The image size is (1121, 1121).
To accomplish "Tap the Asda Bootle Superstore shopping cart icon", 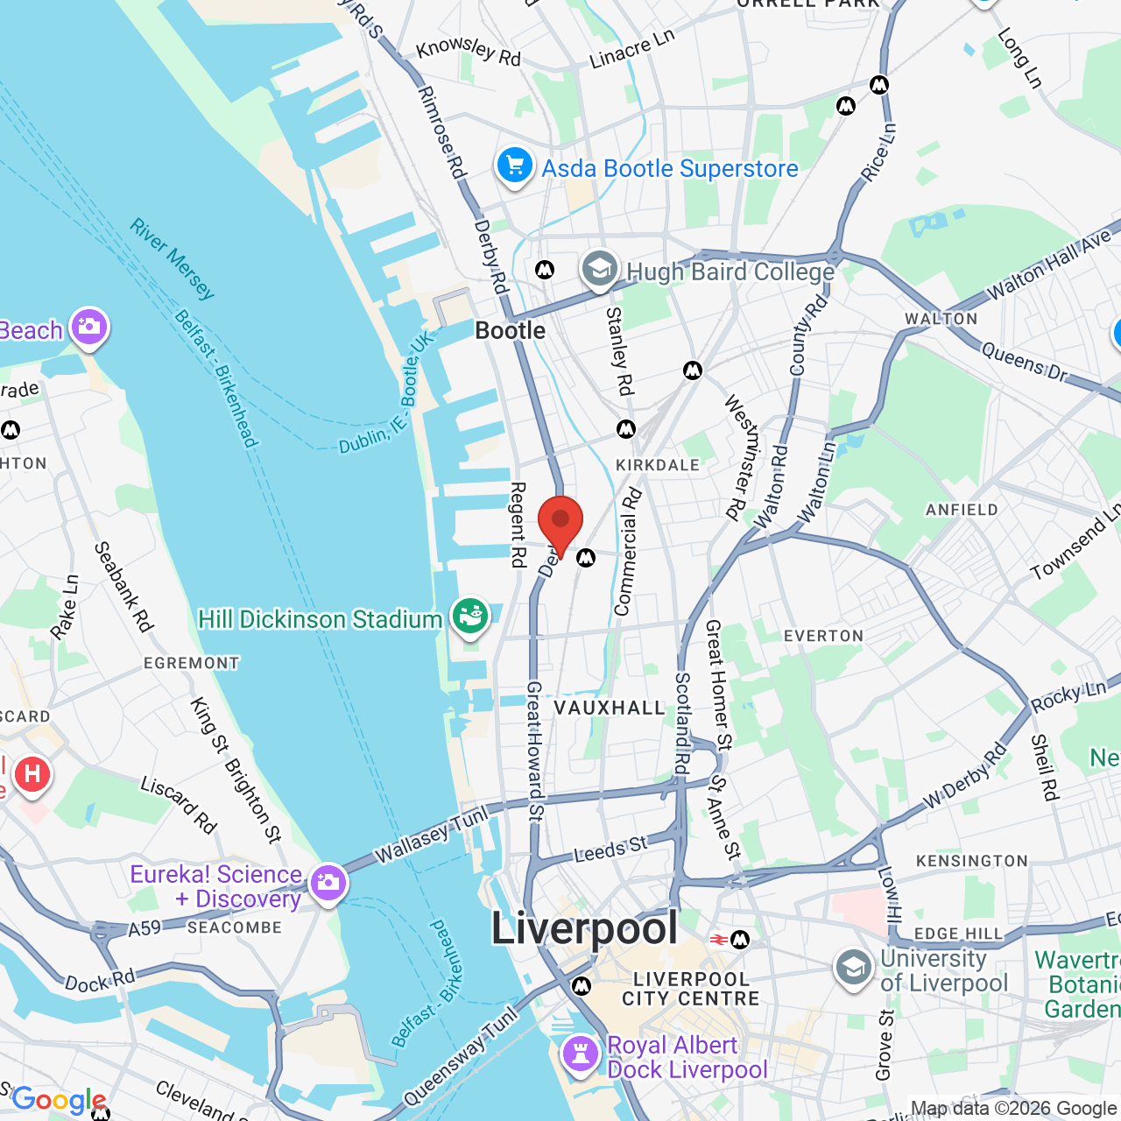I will [x=515, y=165].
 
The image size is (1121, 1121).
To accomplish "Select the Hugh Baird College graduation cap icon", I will [x=600, y=270].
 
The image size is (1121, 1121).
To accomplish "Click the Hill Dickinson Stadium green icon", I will [x=469, y=617].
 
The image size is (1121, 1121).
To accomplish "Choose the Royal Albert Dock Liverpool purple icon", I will [x=580, y=1054].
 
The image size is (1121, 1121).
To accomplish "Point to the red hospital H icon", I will [x=32, y=774].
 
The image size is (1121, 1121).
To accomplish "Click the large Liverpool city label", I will [x=584, y=928].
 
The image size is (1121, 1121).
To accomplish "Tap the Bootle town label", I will [x=510, y=331].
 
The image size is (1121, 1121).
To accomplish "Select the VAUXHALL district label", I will [x=610, y=708].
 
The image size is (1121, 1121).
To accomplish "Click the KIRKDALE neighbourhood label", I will [x=658, y=465].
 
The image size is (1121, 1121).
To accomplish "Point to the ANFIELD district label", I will [x=962, y=510].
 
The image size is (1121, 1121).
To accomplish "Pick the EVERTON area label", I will [x=823, y=636].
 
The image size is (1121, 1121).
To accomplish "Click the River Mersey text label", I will [x=173, y=259].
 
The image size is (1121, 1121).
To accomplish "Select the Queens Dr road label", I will [x=1024, y=363].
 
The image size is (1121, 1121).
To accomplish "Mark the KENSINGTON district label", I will [x=971, y=861].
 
